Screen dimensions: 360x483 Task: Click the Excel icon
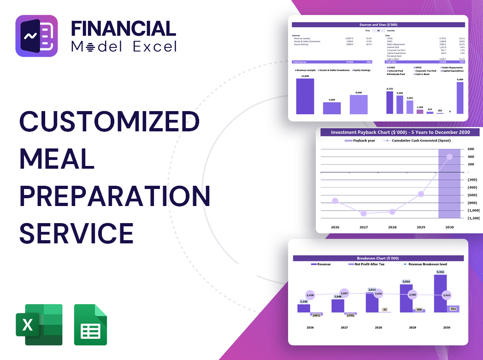point(39,325)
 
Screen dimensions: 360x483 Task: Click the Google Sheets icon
point(90,325)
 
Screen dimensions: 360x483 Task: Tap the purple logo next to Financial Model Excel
point(37,36)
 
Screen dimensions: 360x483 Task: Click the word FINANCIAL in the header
point(124,29)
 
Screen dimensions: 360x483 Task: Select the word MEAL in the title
point(57,159)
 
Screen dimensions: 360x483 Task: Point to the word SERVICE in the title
point(77,233)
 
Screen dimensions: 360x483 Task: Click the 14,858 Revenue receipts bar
point(305,96)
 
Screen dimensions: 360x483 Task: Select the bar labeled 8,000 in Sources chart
point(359,105)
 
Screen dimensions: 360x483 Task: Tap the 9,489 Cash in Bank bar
point(460,98)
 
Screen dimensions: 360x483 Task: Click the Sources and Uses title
point(379,24)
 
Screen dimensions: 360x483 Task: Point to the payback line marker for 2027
point(364,213)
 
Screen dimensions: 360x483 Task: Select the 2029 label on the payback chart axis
point(421,227)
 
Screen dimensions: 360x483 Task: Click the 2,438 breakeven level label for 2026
point(310,295)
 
